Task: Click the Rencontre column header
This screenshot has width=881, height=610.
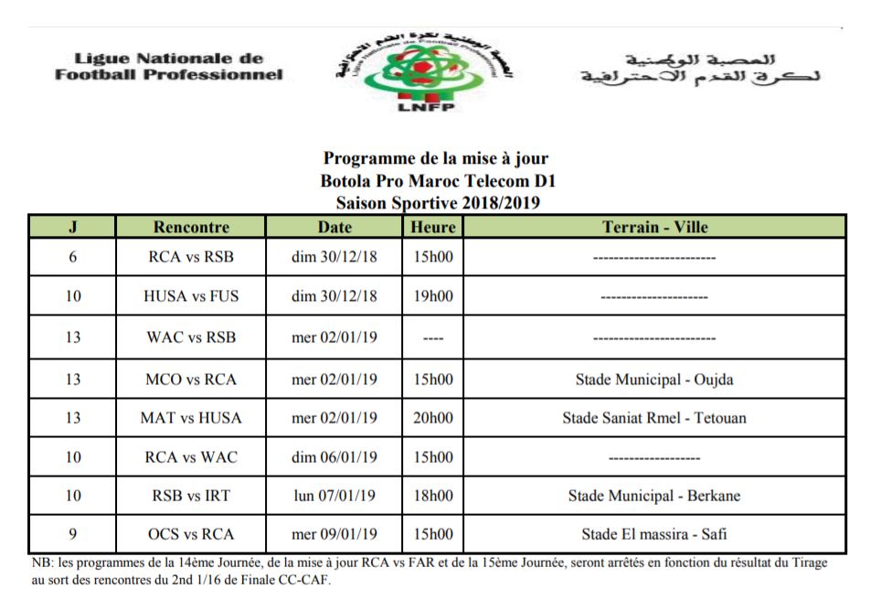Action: point(191,227)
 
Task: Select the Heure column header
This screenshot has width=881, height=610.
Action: point(433,227)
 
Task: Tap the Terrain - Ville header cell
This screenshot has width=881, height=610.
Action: point(654,227)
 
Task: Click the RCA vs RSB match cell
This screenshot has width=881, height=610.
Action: point(191,257)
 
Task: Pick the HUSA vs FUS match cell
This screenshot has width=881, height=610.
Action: point(191,296)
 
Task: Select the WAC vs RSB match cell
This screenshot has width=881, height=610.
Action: point(191,337)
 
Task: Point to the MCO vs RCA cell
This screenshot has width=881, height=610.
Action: point(191,380)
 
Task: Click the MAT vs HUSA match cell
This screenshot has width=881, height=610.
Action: point(191,418)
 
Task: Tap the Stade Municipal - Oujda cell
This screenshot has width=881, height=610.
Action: point(654,380)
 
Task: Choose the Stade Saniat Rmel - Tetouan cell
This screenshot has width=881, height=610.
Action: point(654,418)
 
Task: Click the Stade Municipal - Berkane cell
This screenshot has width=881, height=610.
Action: point(654,497)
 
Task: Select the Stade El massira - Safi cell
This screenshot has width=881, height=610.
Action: point(654,534)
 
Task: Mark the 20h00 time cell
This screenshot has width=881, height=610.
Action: point(433,418)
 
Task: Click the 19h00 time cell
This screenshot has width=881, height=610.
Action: point(433,296)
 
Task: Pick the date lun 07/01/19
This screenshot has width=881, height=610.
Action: point(334,497)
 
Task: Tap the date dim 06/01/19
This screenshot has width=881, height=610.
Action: point(334,457)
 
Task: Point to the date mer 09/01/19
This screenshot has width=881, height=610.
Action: point(334,534)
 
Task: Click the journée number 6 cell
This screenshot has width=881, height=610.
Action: point(73,257)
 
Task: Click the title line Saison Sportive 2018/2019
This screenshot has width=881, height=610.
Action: point(437,203)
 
